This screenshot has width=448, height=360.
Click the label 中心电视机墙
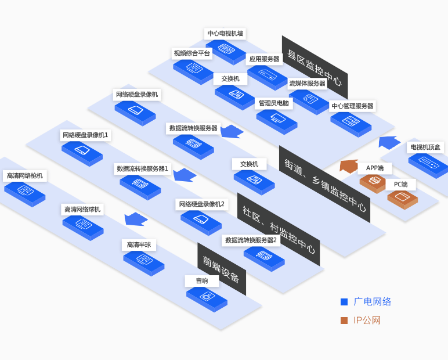coord(225,34)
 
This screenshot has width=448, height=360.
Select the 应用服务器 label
coord(264,59)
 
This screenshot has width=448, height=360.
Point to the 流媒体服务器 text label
coord(308,83)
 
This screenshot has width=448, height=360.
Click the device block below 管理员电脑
coord(276,120)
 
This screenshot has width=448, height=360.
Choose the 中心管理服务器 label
coord(352,106)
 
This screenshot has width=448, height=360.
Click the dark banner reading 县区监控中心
coord(315,67)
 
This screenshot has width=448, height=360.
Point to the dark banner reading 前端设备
coord(222,269)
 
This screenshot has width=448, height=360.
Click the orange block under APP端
coord(373,183)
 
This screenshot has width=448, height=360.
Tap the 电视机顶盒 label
coord(425,147)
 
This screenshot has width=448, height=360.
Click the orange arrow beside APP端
coord(349,166)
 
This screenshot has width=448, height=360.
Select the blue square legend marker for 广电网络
coord(344,302)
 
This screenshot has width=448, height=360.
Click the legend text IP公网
coord(367,320)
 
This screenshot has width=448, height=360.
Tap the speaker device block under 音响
coord(207,297)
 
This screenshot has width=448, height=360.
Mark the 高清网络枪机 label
coord(24,175)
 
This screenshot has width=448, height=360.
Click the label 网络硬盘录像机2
coord(201,204)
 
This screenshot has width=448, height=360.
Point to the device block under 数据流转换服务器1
coord(140,186)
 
